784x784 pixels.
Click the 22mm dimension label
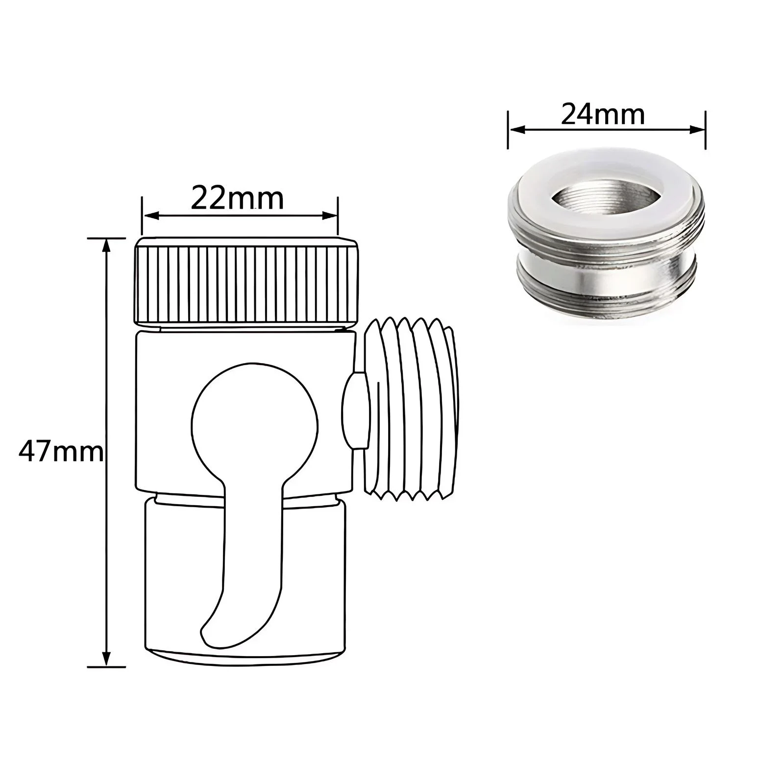pos(237,198)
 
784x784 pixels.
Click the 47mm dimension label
pos(61,452)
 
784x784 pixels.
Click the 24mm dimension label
pos(602,115)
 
